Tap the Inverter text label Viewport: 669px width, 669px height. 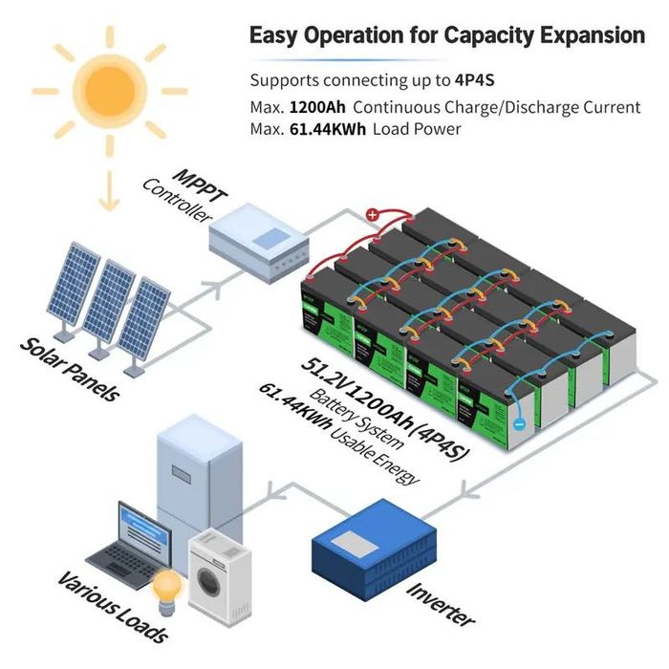coord(442,603)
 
